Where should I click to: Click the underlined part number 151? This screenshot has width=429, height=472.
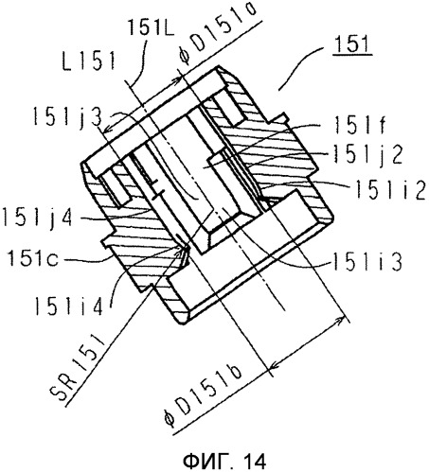coord(353,44)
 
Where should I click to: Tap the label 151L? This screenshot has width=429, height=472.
coord(150,27)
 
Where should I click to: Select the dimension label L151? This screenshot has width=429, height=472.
coord(89,61)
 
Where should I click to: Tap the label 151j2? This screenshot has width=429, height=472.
coord(367,156)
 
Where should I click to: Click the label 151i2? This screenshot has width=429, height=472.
coord(390,190)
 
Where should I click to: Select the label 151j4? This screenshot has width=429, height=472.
coord(37,219)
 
